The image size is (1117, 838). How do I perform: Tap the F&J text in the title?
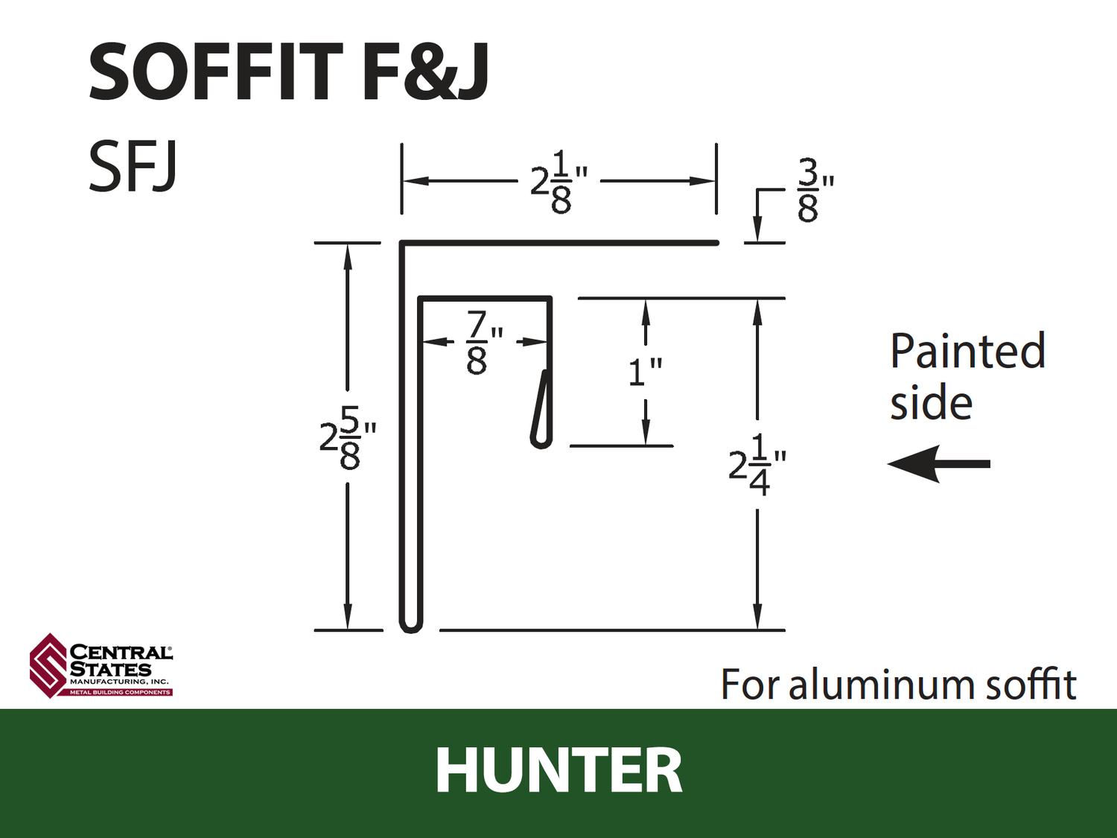425,72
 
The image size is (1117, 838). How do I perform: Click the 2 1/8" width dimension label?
559,182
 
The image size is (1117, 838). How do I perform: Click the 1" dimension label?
646,372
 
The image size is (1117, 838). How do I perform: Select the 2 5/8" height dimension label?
348,437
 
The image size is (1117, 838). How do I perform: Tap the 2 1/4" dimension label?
757,465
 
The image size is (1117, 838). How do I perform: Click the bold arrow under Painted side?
939,463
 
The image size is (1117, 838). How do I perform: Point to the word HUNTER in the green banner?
558,771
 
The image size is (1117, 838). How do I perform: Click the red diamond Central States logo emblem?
49,665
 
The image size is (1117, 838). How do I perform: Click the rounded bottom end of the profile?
410,627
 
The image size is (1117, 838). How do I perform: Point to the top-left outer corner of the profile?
401,241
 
